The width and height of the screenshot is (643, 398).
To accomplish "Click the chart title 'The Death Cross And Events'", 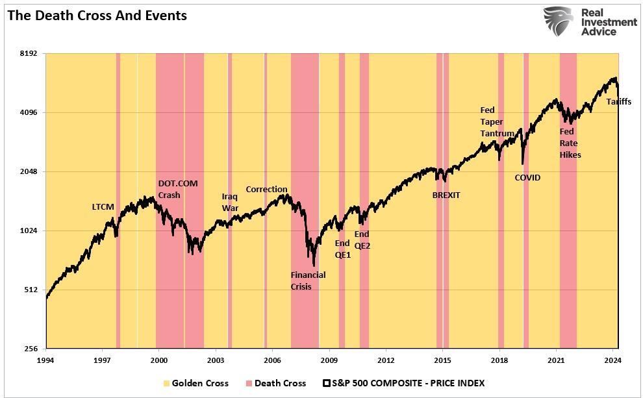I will [97, 16].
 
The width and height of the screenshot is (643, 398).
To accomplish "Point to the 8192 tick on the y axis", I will [29, 53].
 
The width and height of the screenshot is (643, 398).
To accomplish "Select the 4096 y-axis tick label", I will [29, 112].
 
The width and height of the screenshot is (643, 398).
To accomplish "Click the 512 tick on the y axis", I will [31, 290].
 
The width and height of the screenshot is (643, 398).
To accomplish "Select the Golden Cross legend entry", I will [195, 383].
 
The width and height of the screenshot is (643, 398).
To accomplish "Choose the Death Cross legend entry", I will [275, 383].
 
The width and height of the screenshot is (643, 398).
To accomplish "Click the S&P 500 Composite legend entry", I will [403, 383].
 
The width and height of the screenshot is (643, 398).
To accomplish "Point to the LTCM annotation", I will [103, 207].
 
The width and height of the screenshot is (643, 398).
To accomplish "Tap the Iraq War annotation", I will [230, 202].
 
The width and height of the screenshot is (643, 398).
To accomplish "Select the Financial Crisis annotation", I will [308, 280].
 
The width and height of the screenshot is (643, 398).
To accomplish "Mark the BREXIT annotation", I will [446, 195].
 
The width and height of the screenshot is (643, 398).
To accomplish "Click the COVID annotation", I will [527, 177].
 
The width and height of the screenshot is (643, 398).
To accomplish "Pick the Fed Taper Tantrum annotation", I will [497, 122].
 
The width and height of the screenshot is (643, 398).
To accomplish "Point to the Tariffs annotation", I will [619, 102].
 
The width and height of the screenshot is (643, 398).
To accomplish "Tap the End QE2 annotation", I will [362, 240].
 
